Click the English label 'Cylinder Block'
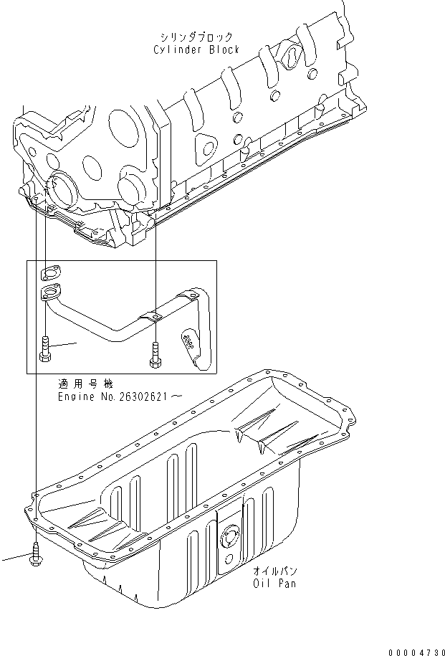(x=196, y=49)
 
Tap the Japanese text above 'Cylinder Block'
(x=196, y=37)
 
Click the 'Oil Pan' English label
(x=274, y=584)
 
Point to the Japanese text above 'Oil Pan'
(x=274, y=571)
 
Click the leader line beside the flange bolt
(x=64, y=346)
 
